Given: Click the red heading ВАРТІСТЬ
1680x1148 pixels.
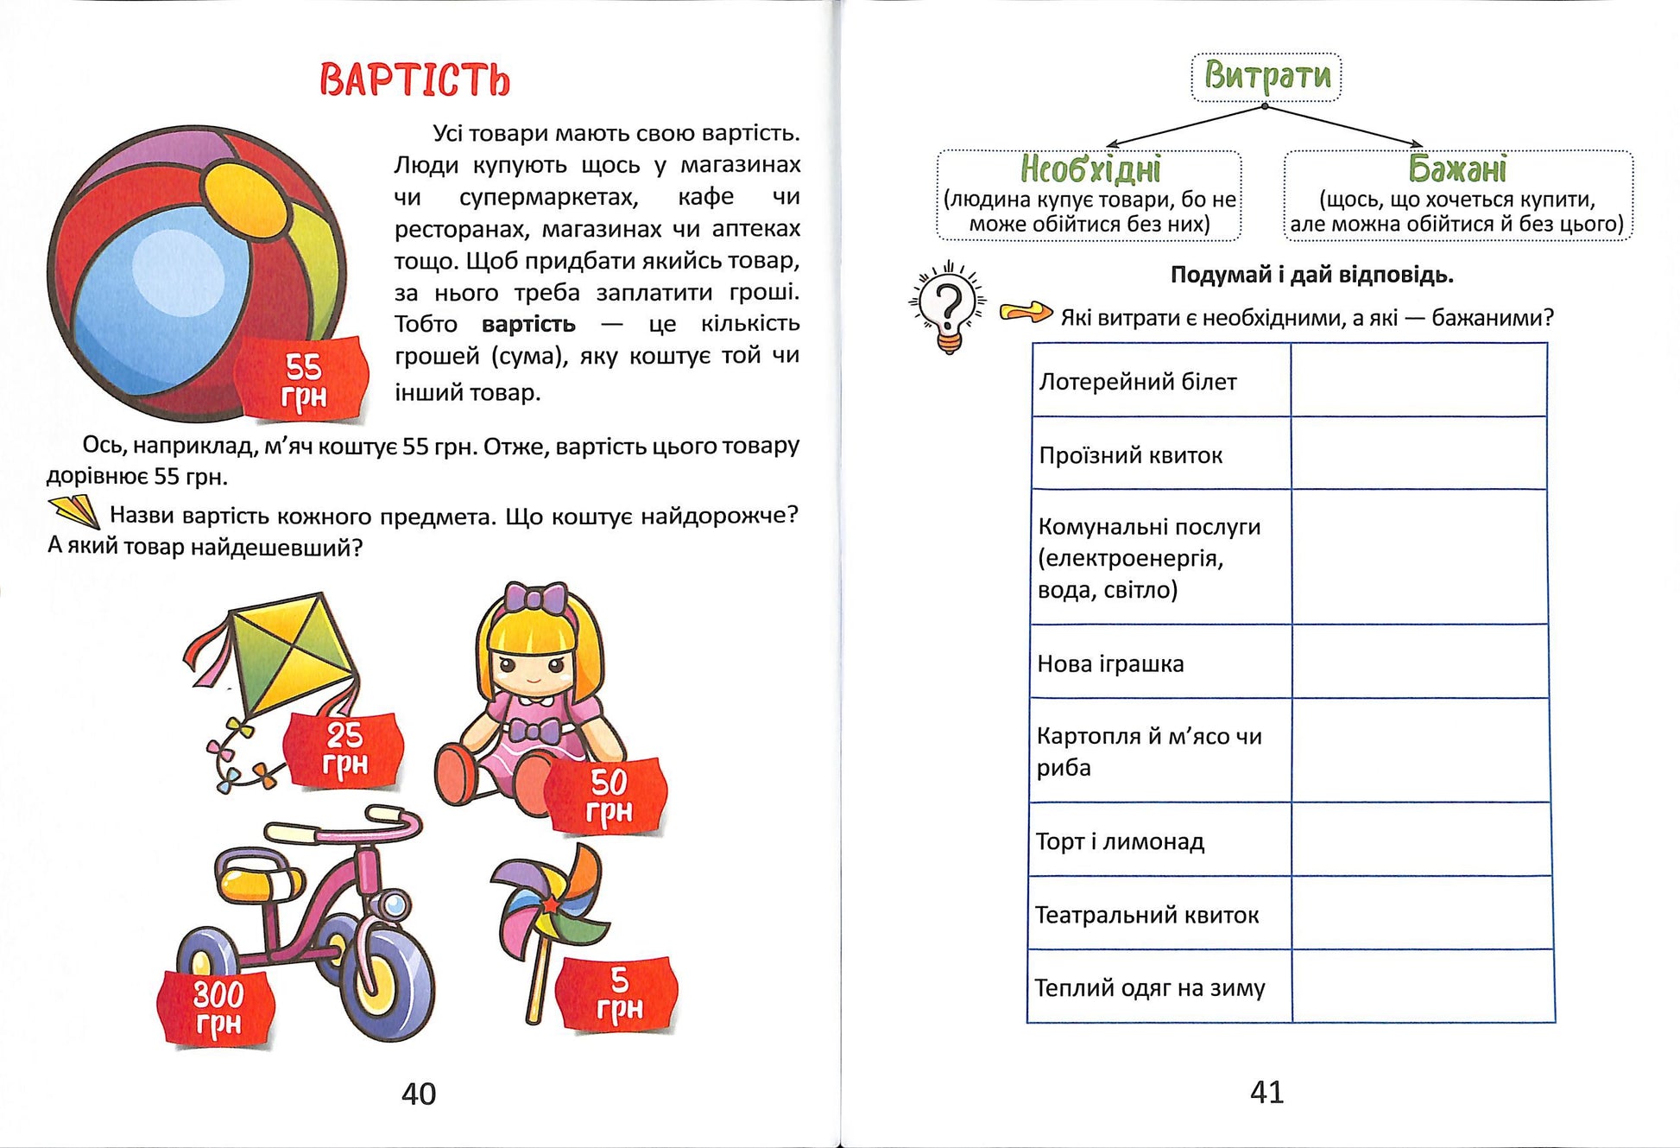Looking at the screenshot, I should point(414,79).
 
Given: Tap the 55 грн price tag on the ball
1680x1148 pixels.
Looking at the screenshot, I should point(303,381).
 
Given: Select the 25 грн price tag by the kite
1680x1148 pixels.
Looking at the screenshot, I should point(344,750).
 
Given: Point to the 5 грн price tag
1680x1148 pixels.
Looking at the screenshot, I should point(619,994).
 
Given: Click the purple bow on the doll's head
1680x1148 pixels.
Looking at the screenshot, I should point(535,598).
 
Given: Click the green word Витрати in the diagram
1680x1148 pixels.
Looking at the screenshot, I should point(1266,76).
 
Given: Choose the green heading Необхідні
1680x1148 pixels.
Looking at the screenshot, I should point(1090,168).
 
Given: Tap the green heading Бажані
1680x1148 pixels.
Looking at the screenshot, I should point(1457,168).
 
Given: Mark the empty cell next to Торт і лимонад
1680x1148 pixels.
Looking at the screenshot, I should point(1420,840).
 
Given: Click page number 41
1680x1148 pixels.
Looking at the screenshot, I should point(1266,1093).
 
